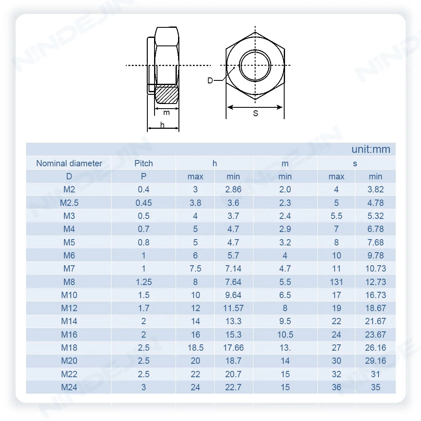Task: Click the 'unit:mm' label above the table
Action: point(370,149)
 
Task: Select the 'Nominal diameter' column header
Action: point(69,163)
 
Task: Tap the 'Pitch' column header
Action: point(144,163)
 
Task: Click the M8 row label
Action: point(69,282)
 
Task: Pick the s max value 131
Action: point(336,282)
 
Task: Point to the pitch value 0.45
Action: point(144,203)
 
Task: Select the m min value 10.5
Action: point(285,334)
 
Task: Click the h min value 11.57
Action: point(233,308)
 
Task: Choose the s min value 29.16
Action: point(376,361)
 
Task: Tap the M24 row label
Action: point(69,387)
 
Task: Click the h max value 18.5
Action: point(195,348)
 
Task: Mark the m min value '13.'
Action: point(285,348)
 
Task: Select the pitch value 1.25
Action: point(144,282)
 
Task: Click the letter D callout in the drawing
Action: point(210,80)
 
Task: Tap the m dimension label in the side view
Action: point(167,112)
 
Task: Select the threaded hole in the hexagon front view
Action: point(255,66)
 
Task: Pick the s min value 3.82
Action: point(376,189)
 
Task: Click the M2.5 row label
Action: point(69,203)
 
